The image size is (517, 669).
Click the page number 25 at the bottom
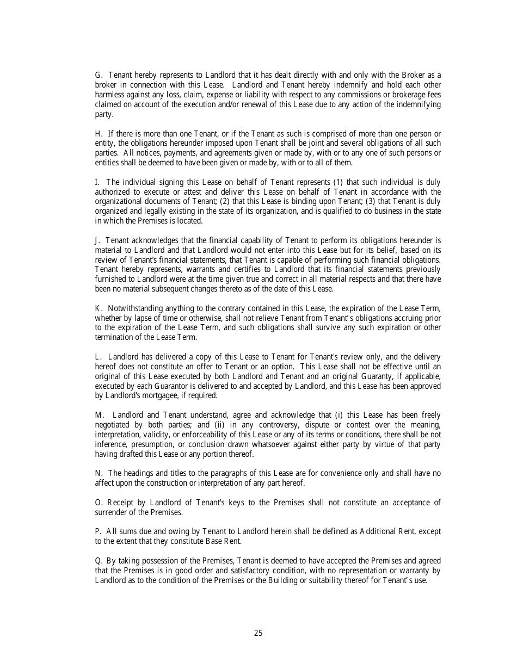258,633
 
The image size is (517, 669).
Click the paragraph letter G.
99,75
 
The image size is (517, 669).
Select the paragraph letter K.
99,308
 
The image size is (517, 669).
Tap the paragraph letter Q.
99,561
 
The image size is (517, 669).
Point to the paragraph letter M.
99,415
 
